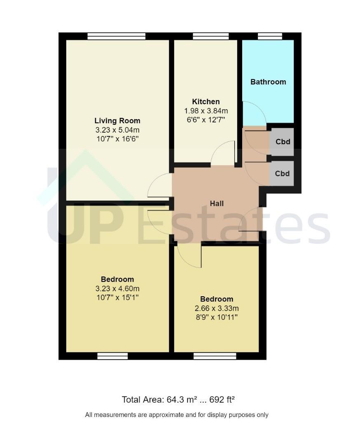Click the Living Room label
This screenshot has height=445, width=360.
point(117,121)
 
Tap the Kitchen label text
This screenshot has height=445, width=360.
point(206,102)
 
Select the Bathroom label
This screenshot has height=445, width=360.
point(268,82)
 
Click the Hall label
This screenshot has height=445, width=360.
point(217,204)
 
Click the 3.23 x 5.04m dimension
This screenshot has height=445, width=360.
point(117,130)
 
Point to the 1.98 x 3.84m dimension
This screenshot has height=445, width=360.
point(206,111)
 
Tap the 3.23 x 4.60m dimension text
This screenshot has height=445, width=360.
point(117,288)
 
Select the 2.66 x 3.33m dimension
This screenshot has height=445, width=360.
point(217,308)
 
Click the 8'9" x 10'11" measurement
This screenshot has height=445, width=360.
point(217,317)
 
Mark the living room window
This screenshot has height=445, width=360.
point(116,36)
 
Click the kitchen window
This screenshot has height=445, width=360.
point(211,36)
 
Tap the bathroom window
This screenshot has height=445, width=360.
point(270,36)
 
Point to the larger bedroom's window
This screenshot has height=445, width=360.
point(112,356)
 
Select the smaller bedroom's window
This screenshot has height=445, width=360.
point(215,356)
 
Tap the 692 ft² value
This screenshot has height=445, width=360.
point(222,400)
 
